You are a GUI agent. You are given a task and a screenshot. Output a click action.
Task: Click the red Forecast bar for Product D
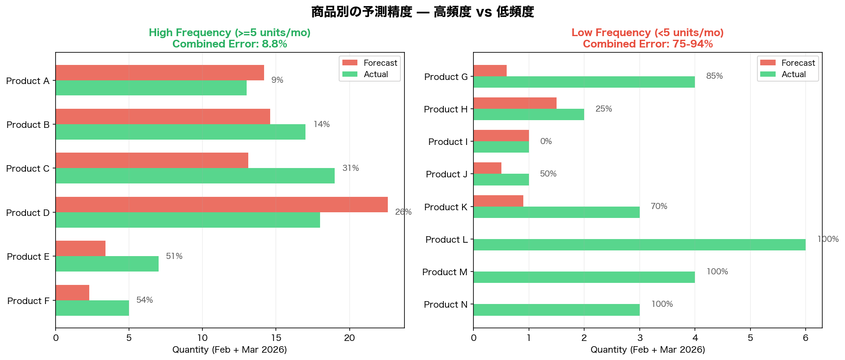[221, 205]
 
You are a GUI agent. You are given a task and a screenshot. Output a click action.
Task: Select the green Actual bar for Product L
[639, 245]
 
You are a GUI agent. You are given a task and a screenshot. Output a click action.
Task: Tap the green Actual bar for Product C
[195, 176]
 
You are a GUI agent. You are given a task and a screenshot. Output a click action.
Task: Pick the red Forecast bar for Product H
[515, 103]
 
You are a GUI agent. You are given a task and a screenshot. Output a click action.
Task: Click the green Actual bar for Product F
[92, 308]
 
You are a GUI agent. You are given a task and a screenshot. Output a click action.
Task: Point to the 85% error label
[714, 76]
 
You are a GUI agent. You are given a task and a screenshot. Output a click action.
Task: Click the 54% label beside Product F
[144, 300]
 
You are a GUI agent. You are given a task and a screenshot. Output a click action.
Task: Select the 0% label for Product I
[546, 142]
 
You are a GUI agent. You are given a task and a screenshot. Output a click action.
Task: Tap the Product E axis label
[28, 257]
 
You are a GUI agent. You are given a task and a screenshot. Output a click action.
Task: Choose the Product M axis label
[445, 272]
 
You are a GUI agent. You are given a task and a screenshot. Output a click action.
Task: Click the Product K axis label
[445, 207]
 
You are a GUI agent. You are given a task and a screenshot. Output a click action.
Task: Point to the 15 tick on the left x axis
[276, 338]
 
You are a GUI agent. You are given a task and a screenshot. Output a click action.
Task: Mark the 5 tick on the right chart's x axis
[750, 338]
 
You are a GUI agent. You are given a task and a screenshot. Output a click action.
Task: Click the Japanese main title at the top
[422, 12]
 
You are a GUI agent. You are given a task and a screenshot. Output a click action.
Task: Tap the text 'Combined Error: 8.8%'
[230, 44]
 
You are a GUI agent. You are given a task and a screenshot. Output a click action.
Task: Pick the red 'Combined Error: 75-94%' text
[647, 44]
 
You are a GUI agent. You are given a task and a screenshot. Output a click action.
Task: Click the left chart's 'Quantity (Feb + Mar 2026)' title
[230, 350]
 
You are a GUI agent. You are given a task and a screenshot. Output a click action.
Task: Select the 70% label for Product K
[659, 207]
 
